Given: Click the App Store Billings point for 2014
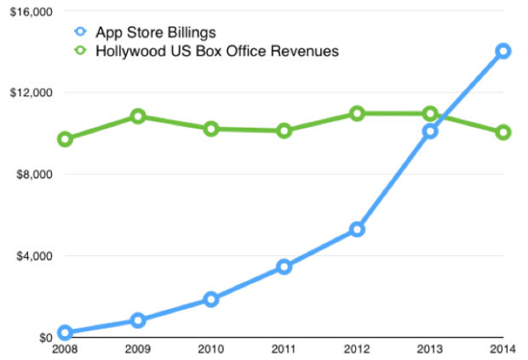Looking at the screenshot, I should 503,51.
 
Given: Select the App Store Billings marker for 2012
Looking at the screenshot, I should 357,229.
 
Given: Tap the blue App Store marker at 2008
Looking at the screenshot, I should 65,333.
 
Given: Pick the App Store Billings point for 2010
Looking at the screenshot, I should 211,299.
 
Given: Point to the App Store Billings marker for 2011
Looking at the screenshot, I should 284,267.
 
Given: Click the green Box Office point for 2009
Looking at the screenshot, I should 138,116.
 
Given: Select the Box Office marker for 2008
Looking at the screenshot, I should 65,139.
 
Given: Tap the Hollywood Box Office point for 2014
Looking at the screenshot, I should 503,132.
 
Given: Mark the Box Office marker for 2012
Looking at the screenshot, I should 357,113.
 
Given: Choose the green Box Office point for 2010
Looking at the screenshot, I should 211,129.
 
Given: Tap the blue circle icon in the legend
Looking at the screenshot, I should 82,33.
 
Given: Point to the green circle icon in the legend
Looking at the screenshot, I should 82,52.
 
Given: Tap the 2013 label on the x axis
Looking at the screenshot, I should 430,348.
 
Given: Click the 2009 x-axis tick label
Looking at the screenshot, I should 138,348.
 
